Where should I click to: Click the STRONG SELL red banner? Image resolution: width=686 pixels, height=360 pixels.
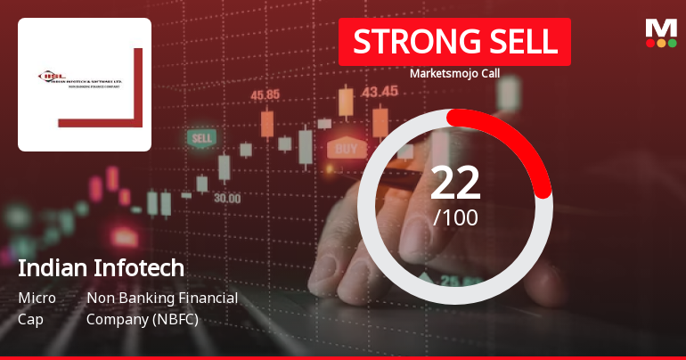(x=454, y=42)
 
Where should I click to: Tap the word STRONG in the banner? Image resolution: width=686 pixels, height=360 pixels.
(x=409, y=42)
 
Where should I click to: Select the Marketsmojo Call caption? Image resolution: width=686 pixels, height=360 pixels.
(x=453, y=73)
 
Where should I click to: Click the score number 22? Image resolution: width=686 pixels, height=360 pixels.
(x=455, y=183)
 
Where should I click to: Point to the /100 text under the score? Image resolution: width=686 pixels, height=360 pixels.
(x=455, y=217)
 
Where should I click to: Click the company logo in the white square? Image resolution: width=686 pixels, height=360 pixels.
(x=85, y=84)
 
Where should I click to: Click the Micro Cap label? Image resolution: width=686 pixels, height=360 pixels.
(x=37, y=307)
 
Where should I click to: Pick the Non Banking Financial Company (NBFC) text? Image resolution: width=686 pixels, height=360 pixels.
(x=161, y=307)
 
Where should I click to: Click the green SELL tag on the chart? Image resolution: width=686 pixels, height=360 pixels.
(x=202, y=138)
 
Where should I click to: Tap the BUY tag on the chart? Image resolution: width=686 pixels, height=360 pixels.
(x=346, y=147)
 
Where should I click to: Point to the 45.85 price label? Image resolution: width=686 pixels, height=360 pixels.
(x=265, y=94)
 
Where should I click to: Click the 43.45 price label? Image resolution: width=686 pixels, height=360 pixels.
(x=380, y=90)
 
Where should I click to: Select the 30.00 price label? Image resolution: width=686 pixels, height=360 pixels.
(x=226, y=198)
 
